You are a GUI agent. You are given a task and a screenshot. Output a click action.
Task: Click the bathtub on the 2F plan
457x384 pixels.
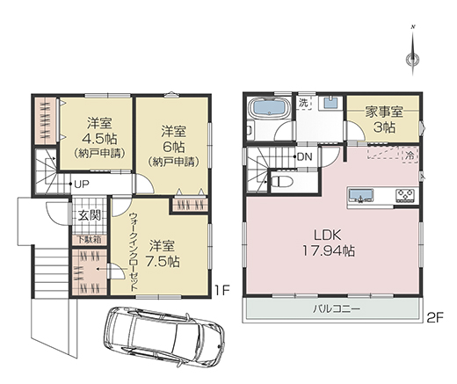[269, 109]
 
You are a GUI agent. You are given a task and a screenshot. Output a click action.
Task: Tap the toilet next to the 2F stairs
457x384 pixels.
[280, 182]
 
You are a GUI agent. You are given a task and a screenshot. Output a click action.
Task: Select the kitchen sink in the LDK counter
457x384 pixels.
[360, 195]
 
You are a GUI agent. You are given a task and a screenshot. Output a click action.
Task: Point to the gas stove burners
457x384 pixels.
[405, 195]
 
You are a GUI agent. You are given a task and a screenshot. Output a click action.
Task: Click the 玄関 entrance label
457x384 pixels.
[90, 215]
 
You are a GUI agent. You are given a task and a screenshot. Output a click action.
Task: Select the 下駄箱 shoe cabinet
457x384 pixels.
[90, 240]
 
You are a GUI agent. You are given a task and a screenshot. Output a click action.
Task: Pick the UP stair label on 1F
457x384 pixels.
[81, 184]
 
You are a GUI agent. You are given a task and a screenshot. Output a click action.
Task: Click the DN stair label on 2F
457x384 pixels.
[305, 156]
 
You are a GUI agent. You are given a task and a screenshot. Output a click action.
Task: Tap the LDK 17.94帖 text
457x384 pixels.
[328, 243]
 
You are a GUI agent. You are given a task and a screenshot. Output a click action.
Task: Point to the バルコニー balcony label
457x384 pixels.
[337, 309]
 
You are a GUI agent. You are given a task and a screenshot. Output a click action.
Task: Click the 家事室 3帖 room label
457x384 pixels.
[384, 120]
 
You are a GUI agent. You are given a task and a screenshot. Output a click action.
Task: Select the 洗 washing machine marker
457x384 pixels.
[303, 103]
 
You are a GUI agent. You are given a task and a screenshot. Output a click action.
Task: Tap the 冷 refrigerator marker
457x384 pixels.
[411, 156]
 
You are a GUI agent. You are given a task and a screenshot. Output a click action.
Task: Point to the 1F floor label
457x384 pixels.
[222, 291]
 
